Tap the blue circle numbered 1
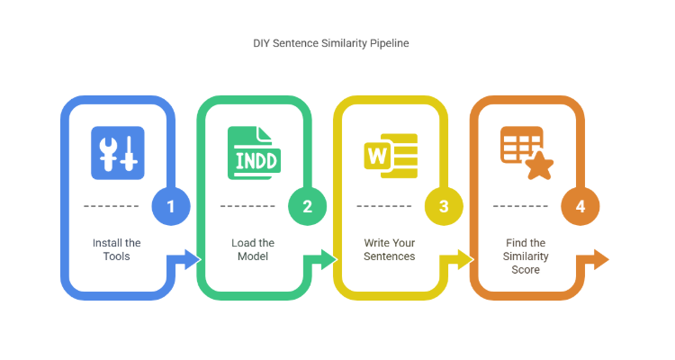pos(171,206)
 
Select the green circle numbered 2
pos(307,206)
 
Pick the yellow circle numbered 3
pos(444,206)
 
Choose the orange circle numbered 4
pos(580,206)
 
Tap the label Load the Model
pos(253,249)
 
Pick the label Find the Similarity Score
pos(526,256)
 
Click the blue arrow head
pos(193,260)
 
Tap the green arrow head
pos(329,260)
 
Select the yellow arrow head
pos(466,260)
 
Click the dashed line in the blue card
pos(111,206)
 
